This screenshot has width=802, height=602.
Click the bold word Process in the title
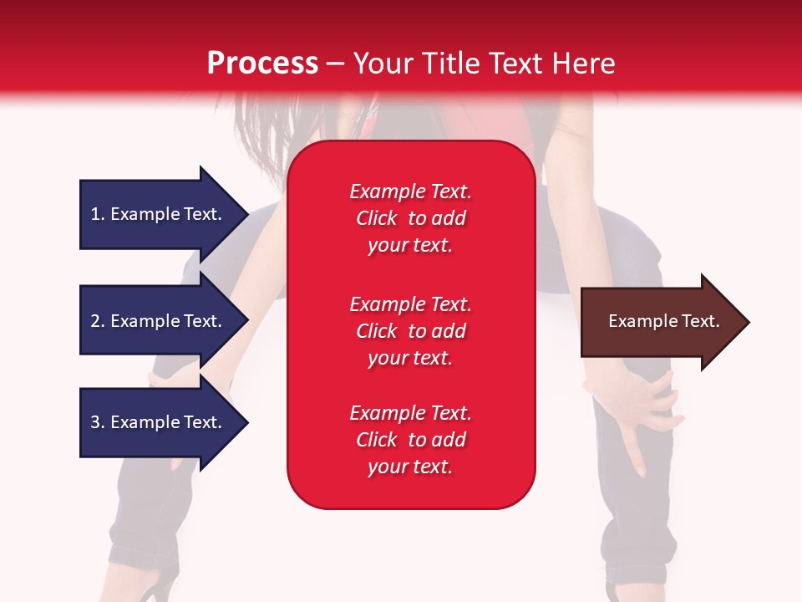[x=262, y=64]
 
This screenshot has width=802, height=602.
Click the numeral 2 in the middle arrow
[x=95, y=321]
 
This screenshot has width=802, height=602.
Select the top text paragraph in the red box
[x=410, y=218]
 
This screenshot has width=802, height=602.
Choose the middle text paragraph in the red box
[x=410, y=331]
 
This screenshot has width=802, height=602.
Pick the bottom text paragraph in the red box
[x=410, y=440]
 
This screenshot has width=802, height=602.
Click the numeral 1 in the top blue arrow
[x=95, y=214]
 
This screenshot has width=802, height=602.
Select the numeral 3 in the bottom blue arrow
[x=95, y=422]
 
